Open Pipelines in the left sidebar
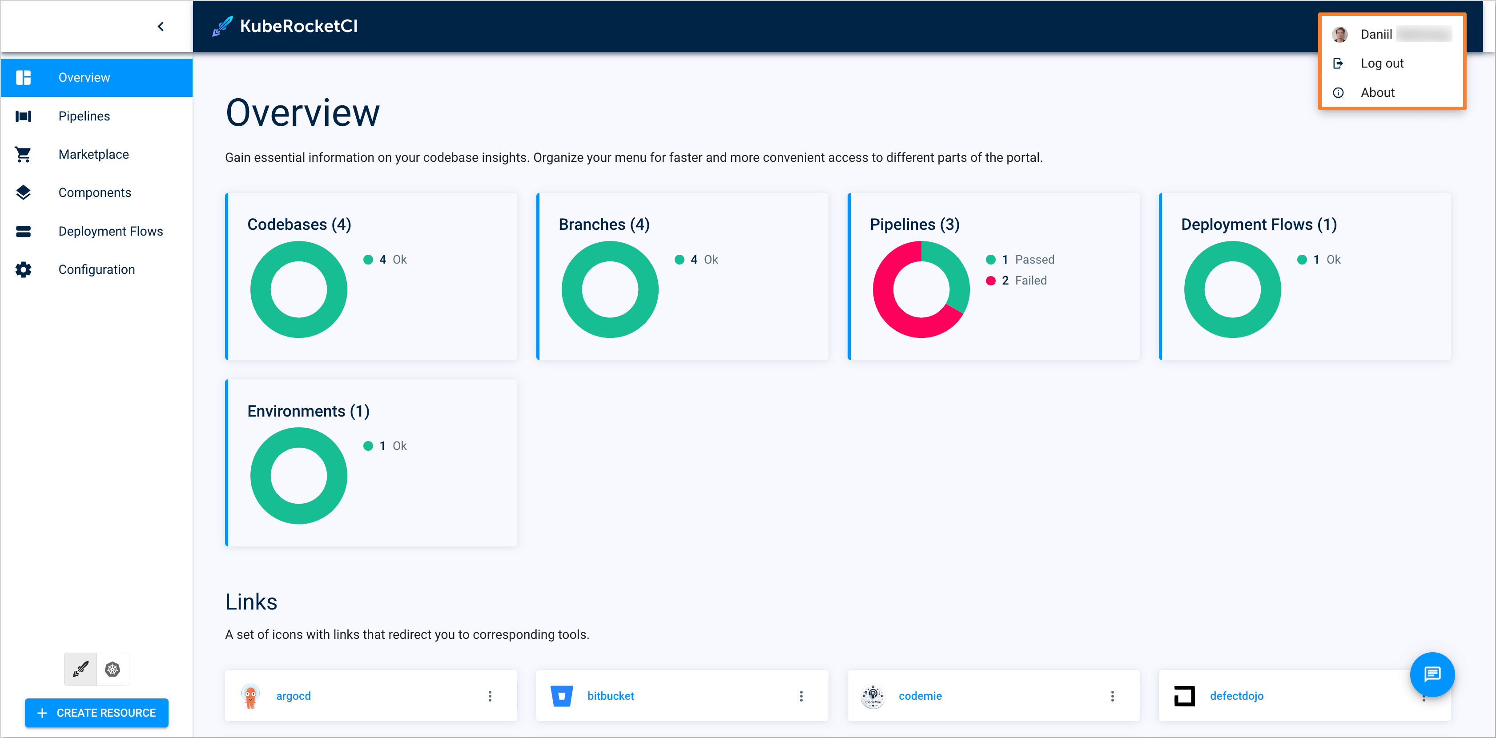84,116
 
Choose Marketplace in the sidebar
93,154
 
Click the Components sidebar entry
95,193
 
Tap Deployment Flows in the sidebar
110,231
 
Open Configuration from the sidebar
97,269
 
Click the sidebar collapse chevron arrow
161,27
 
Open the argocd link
293,696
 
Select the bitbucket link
611,696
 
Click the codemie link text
920,696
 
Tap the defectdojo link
1236,696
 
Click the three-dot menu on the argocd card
490,696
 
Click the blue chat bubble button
1432,674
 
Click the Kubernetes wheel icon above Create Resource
113,670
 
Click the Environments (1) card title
308,411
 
